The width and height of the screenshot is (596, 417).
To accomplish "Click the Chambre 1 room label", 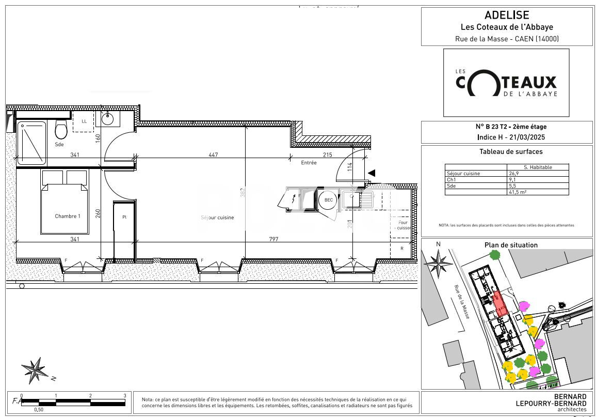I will (x=68, y=216).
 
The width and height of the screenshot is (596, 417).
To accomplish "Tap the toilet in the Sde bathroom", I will (x=61, y=130).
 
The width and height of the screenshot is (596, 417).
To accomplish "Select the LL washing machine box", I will (x=84, y=121).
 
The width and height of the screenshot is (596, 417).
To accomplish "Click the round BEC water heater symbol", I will (x=328, y=200).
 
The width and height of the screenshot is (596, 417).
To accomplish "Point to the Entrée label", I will (x=309, y=163).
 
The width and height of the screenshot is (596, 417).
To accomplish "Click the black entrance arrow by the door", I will (x=371, y=173).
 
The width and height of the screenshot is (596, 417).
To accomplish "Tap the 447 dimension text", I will (x=213, y=155).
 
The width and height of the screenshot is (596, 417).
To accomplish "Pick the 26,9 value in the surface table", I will (x=514, y=174).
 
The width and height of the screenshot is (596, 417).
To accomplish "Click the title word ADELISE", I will (x=507, y=16).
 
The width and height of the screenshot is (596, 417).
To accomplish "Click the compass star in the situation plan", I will (x=439, y=262).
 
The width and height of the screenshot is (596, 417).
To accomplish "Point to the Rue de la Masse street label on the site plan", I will (x=461, y=302).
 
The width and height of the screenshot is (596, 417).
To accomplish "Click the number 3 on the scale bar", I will (x=125, y=396).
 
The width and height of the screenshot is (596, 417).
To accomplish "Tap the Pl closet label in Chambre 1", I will (x=124, y=218).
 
